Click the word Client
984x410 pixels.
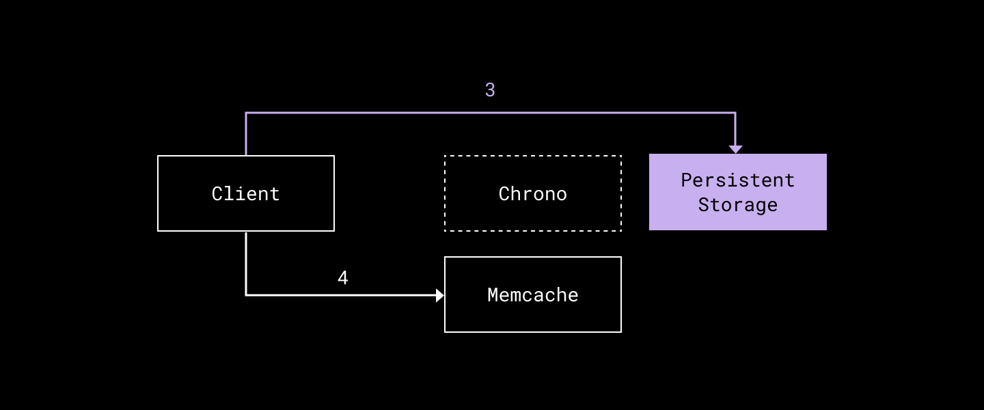pos(245,194)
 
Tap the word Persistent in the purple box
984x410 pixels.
pos(737,180)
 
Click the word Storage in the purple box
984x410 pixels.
pos(737,205)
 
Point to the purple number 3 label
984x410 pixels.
pos(489,90)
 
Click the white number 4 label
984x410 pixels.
pos(342,278)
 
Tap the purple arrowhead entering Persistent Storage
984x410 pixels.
pos(735,149)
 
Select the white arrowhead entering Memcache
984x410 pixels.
pos(439,295)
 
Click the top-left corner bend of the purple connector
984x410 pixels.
pos(246,113)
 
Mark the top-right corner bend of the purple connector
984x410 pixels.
pos(735,113)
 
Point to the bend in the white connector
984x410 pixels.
pos(246,295)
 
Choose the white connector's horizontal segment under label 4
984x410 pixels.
pos(342,295)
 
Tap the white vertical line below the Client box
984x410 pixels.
pos(246,263)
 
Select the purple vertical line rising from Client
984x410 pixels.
pos(246,135)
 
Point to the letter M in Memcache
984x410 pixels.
pos(493,295)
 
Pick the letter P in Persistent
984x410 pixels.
pos(686,180)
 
